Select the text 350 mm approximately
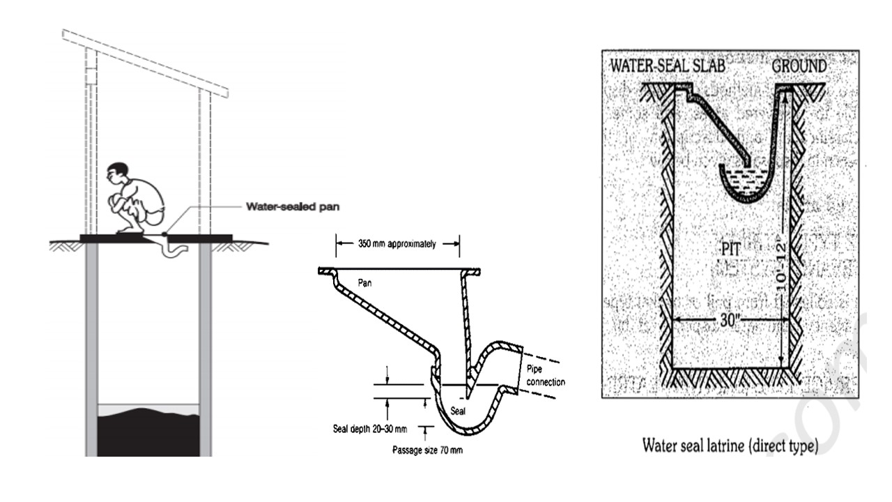pyautogui.click(x=397, y=244)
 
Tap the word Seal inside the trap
pyautogui.click(x=458, y=410)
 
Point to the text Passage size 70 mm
pyautogui.click(x=427, y=450)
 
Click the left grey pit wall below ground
pyautogui.click(x=92, y=349)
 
